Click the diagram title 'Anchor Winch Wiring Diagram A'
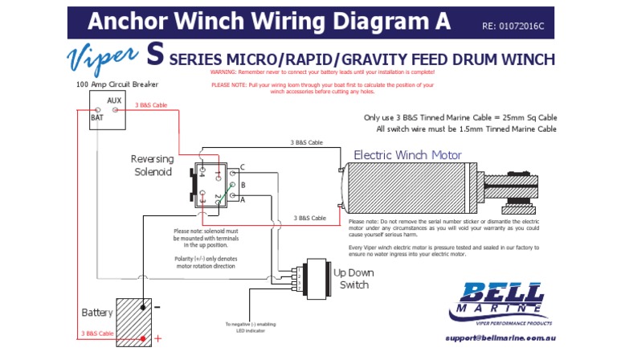pos(269,21)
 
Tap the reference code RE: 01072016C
pos(513,26)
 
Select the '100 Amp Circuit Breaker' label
pos(117,84)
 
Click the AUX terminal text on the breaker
pos(114,100)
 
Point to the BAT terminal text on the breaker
pos(96,117)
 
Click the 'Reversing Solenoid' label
pos(152,165)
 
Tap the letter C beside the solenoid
pos(242,166)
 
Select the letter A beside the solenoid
pos(242,200)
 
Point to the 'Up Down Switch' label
pos(353,279)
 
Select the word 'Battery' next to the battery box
pos(97,312)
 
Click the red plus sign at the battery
pos(157,338)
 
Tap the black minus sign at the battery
pos(157,307)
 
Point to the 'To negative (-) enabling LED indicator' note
pos(250,328)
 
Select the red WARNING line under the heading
pos(321,72)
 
